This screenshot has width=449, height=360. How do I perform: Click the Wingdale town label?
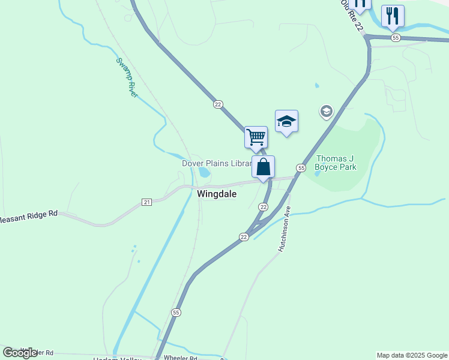[217, 194]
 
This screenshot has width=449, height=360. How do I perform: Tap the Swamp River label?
[127, 77]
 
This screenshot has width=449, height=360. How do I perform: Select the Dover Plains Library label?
[216, 163]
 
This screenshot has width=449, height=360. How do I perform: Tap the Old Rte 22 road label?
[352, 16]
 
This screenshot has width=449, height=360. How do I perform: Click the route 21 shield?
[146, 202]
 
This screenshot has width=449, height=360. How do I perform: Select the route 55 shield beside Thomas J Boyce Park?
[301, 167]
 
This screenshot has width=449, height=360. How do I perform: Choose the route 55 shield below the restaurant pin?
[395, 38]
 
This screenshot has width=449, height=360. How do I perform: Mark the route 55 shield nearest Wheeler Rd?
[176, 313]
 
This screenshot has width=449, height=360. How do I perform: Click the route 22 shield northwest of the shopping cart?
[218, 104]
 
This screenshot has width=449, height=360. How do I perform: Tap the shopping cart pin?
[256, 137]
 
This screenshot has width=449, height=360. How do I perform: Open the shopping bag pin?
[264, 167]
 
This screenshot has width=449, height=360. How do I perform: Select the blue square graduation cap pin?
[286, 121]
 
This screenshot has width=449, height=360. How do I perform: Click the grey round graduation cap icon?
[327, 111]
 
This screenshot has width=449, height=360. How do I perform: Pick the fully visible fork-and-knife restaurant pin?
[393, 16]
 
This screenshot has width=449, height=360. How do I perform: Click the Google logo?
[20, 352]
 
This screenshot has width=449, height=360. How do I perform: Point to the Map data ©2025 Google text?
[412, 355]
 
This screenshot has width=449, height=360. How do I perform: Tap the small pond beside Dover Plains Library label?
[205, 173]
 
